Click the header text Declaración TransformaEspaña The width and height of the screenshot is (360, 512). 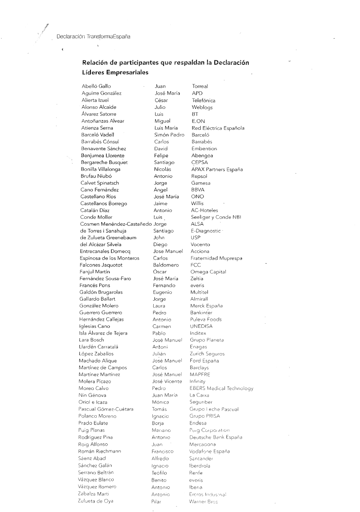pyautogui.click(x=93, y=36)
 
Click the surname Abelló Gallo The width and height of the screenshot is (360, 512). pyautogui.click(x=96, y=86)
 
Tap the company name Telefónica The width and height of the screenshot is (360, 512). pyautogui.click(x=204, y=100)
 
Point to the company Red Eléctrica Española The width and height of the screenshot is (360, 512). pyautogui.click(x=218, y=128)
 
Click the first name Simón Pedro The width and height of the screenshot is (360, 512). pyautogui.click(x=169, y=135)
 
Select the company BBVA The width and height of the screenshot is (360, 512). pyautogui.click(x=198, y=190)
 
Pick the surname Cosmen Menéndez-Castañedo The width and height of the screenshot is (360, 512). pyautogui.click(x=116, y=224)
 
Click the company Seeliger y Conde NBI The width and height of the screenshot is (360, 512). pyautogui.click(x=216, y=217)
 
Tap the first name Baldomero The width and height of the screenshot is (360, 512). pyautogui.click(x=166, y=265)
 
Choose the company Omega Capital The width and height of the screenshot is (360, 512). pyautogui.click(x=208, y=272)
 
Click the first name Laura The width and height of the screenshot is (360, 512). pyautogui.click(x=159, y=306)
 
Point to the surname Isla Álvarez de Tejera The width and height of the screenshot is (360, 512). pyautogui.click(x=103, y=333)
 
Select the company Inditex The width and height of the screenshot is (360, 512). pyautogui.click(x=198, y=333)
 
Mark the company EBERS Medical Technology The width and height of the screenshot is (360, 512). pyautogui.click(x=221, y=388)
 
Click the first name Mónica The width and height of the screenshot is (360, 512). pyautogui.click(x=160, y=402)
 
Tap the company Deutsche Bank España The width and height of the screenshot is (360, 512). pyautogui.click(x=216, y=437)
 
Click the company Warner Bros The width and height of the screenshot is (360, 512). pyautogui.click(x=203, y=502)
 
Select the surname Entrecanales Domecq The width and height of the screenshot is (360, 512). pyautogui.click(x=105, y=251)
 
